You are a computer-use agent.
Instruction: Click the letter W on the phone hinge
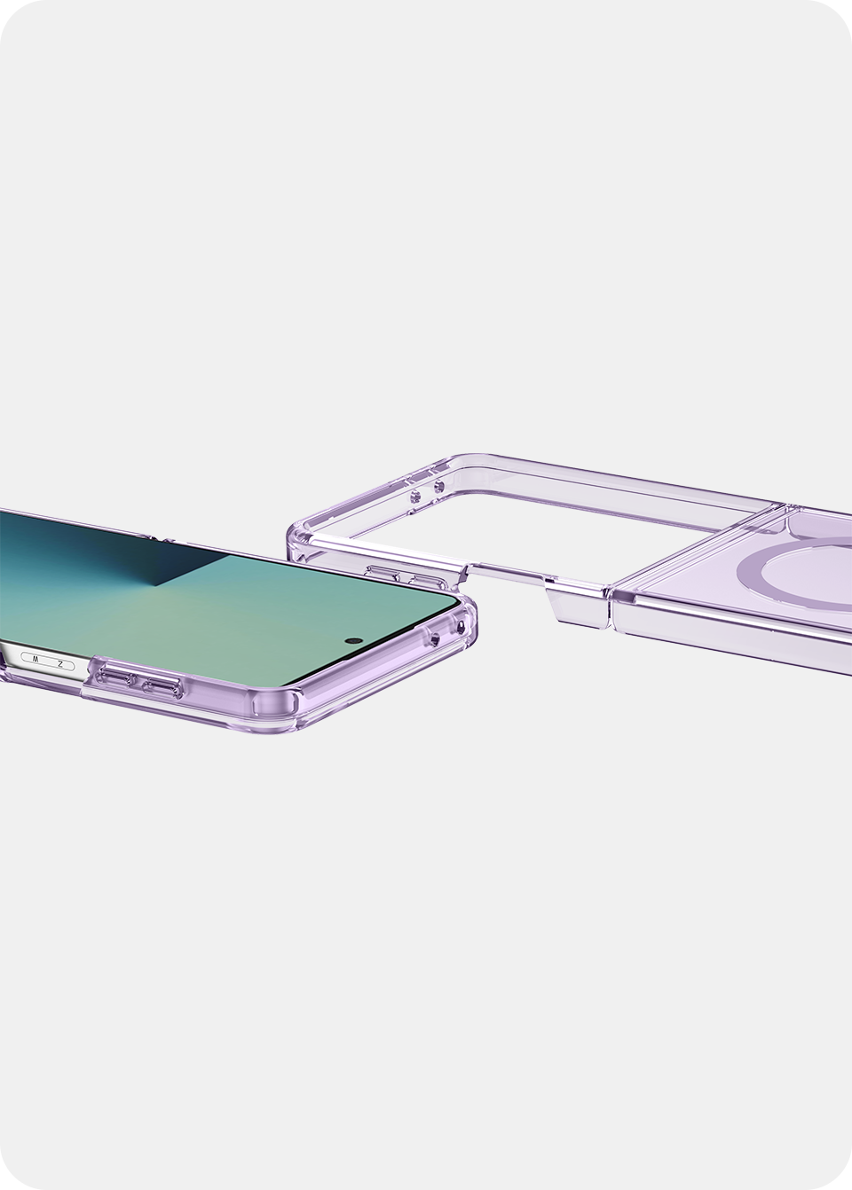point(35,659)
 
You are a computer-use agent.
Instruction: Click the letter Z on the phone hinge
point(60,664)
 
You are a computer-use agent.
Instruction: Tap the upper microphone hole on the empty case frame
point(438,485)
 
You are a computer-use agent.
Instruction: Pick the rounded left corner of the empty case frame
point(302,537)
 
